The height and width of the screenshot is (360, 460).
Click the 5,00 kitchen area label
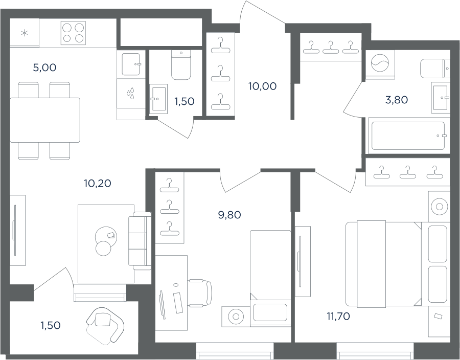tap(44, 68)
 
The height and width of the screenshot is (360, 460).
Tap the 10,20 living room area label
tap(98, 184)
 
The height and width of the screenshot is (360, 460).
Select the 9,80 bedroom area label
tap(229, 215)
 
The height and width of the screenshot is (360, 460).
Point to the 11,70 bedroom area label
tap(338, 317)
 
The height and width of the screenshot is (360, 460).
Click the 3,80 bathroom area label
tap(396, 100)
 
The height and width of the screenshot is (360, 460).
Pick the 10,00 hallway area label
tap(262, 86)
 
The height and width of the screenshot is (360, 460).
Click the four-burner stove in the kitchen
tap(73, 33)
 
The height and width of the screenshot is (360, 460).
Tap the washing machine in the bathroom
tap(380, 63)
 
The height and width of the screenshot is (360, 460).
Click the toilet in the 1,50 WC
tap(181, 65)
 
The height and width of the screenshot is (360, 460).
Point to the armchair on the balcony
tap(105, 325)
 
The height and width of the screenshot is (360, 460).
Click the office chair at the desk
tap(200, 293)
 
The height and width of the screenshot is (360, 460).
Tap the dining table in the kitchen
tap(45, 120)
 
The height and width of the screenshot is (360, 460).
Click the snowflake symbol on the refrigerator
tap(25, 33)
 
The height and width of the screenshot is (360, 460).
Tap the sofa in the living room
tap(140, 240)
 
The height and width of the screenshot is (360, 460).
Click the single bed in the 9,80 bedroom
tap(270, 278)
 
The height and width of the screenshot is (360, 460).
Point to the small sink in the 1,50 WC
tap(158, 99)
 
